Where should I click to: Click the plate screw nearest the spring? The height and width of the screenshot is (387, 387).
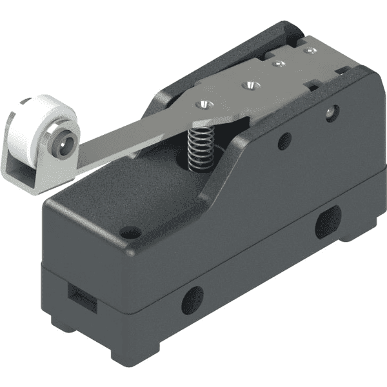point(206,103)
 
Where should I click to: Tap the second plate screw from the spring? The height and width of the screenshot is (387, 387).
point(247,84)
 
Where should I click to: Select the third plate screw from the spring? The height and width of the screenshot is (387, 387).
point(279,64)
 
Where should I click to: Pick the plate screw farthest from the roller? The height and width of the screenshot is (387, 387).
point(311,49)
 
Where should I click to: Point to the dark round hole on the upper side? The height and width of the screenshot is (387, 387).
point(284,141)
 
